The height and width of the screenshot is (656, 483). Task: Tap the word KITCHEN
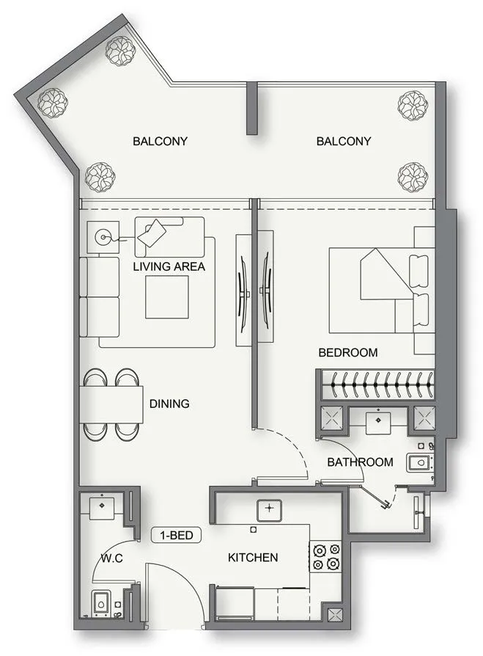coord(253,558)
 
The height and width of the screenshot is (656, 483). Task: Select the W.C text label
coord(111,558)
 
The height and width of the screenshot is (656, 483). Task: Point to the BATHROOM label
coord(360,462)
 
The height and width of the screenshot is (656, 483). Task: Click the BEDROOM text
coord(348,353)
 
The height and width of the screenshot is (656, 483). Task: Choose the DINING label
coord(169,404)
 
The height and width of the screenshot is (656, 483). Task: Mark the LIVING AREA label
coord(169,266)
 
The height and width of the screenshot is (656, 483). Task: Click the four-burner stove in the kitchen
coord(325,556)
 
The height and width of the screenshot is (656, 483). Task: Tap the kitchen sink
coord(270,509)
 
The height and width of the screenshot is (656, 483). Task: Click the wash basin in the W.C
coord(100,506)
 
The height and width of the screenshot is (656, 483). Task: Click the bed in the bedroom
coord(377,290)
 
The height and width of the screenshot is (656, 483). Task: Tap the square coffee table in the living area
coord(166,297)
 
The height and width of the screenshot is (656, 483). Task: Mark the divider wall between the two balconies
coord(251,108)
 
